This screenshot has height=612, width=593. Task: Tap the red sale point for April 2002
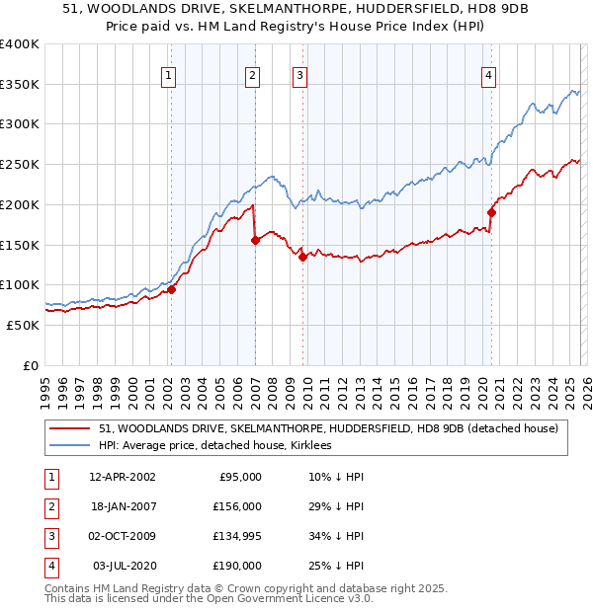coord(171,289)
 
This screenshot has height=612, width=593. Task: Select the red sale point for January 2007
coord(254,240)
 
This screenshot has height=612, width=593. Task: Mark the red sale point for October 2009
coord(302,257)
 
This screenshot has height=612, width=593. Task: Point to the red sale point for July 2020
coord(491,212)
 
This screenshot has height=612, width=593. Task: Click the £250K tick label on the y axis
coord(20,164)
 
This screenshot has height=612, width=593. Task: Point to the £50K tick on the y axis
coord(23,325)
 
